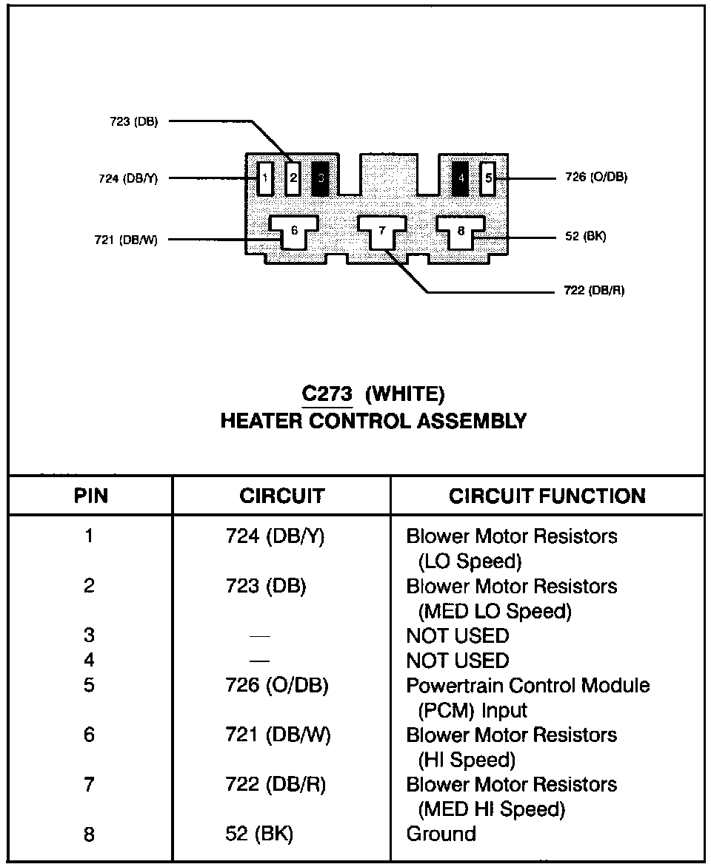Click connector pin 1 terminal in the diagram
click(264, 178)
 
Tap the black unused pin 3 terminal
click(321, 178)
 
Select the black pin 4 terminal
click(460, 178)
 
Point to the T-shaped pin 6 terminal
click(294, 232)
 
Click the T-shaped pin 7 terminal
click(382, 232)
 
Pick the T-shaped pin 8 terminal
click(461, 232)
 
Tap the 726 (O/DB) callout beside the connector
click(596, 178)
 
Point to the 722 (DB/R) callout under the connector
click(594, 291)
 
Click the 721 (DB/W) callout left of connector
click(126, 239)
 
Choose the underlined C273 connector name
click(327, 393)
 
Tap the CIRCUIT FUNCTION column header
click(547, 496)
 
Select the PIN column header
click(91, 496)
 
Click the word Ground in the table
click(441, 834)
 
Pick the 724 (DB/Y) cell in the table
click(275, 536)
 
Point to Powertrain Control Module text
click(527, 685)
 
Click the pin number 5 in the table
click(89, 685)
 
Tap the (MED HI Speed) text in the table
click(493, 809)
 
